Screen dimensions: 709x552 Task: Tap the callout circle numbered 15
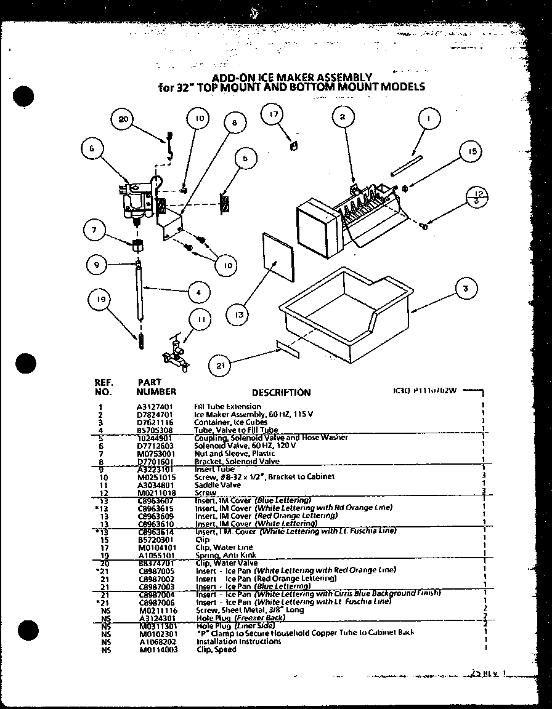pyautogui.click(x=471, y=151)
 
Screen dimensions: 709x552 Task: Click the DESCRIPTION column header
pyautogui.click(x=281, y=393)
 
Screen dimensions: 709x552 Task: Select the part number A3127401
pyautogui.click(x=155, y=407)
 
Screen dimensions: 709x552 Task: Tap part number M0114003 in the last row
pyautogui.click(x=158, y=650)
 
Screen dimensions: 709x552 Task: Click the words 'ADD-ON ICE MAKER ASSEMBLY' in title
pyautogui.click(x=291, y=78)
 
